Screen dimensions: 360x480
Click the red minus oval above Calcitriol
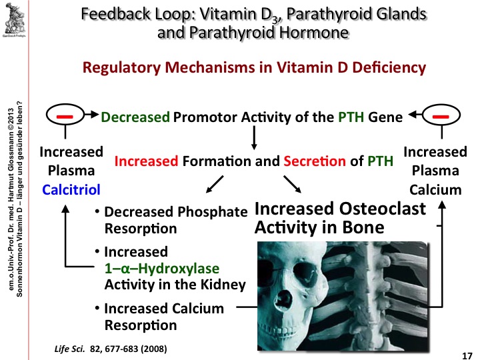click(x=65, y=117)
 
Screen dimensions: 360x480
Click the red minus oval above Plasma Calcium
click(x=439, y=117)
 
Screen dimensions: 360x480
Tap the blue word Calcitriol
click(x=71, y=190)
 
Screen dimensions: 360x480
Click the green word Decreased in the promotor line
click(x=135, y=118)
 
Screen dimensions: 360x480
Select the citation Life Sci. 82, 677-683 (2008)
click(x=109, y=349)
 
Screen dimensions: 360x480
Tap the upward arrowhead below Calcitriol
click(x=66, y=207)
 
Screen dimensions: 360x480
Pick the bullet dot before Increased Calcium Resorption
click(x=98, y=309)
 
